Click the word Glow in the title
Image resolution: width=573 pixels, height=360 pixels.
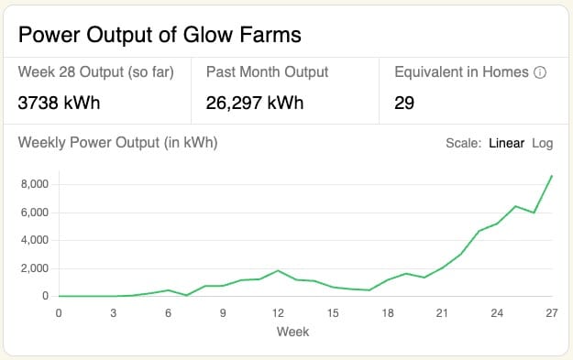[207, 35]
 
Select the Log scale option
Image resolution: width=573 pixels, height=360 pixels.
[543, 144]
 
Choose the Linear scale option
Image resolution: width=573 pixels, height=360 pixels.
[506, 143]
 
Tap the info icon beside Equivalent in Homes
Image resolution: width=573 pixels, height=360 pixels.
[540, 72]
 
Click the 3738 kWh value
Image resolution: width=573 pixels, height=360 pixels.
[59, 103]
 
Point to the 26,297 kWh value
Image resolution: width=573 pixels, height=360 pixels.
[255, 103]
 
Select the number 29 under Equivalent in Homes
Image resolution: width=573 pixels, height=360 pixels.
[404, 103]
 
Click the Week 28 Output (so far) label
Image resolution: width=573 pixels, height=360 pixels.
[95, 72]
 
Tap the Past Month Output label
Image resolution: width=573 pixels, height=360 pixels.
[267, 72]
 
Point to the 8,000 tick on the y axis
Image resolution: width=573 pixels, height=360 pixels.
[35, 184]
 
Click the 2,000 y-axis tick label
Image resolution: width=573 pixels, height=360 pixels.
[35, 268]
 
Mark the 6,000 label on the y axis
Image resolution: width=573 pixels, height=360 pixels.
[35, 213]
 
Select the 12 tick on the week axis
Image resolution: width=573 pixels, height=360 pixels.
[278, 313]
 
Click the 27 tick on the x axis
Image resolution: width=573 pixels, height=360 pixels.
[552, 313]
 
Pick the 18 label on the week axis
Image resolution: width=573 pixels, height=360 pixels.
[388, 313]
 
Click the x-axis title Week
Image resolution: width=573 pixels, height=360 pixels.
[292, 332]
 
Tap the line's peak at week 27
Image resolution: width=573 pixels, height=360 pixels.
[551, 176]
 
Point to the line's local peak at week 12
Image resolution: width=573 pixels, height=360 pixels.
[278, 270]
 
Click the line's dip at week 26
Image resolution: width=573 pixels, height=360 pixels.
[534, 213]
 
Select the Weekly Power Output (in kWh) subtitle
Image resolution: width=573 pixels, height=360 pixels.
[117, 143]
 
